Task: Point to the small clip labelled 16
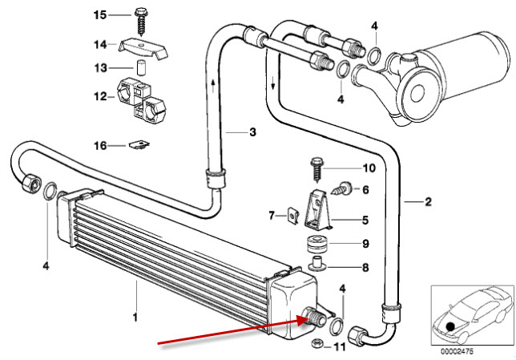pyautogui.click(x=141, y=145)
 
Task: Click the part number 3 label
pyautogui.click(x=252, y=131)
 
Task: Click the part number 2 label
pyautogui.click(x=428, y=202)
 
